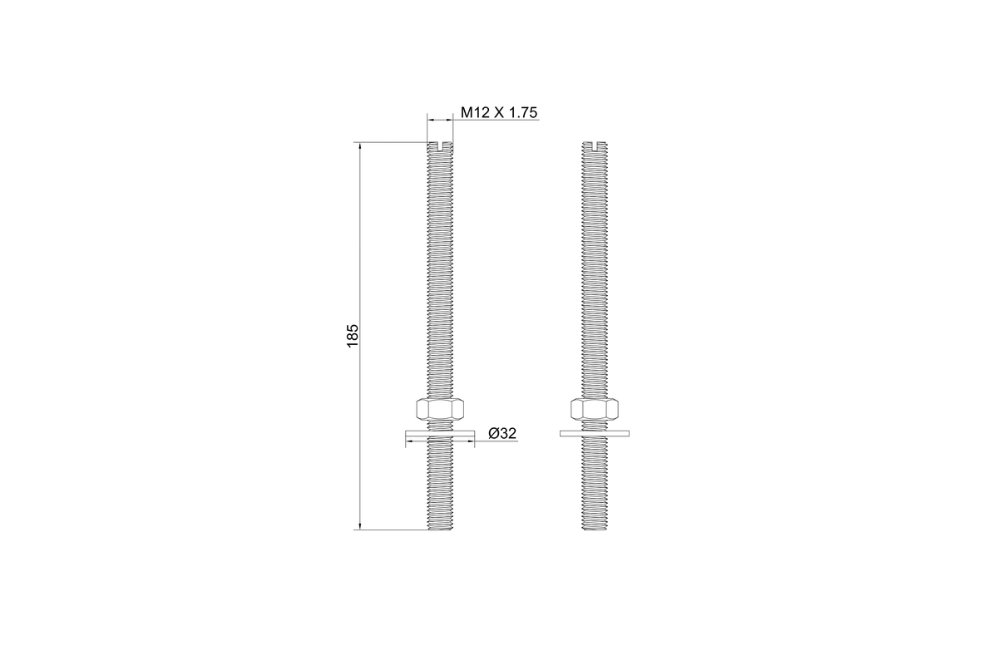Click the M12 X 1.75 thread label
click(x=499, y=113)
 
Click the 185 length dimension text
click(x=353, y=336)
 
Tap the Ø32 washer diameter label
click(x=502, y=433)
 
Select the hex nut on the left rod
click(x=440, y=408)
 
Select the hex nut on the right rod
click(x=595, y=408)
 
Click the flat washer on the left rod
click(x=440, y=433)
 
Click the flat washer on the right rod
click(x=595, y=433)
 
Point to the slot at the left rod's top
click(x=440, y=146)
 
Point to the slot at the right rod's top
click(x=595, y=146)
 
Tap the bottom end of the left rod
click(x=440, y=530)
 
